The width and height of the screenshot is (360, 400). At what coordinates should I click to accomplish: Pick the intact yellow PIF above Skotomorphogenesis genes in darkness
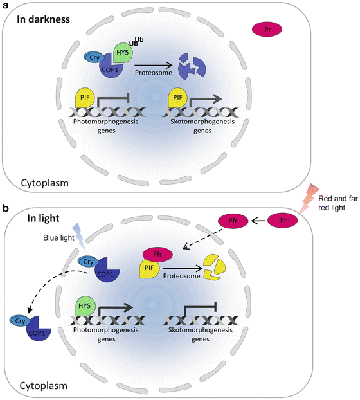[177, 98]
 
